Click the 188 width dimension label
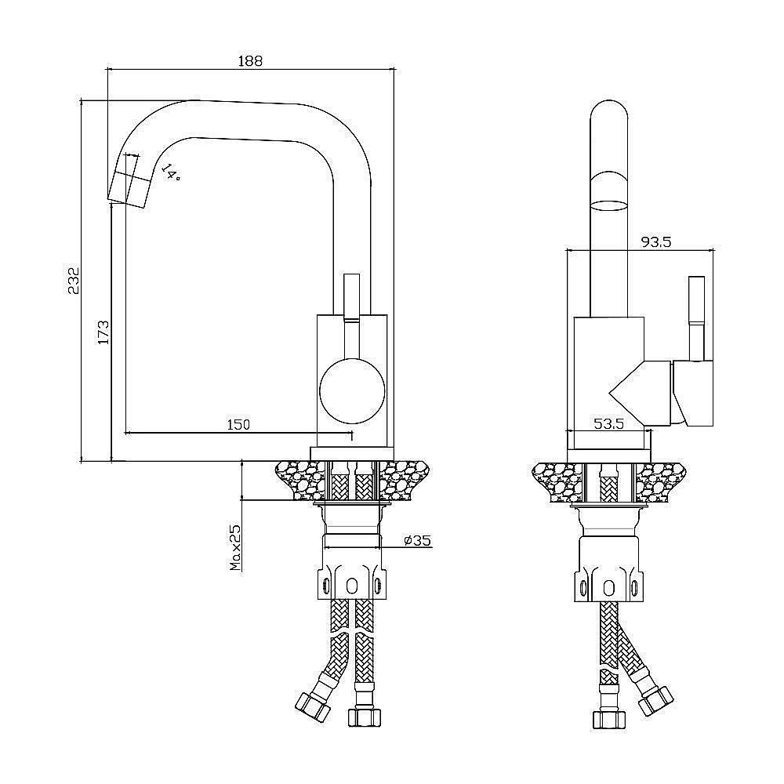click(250, 61)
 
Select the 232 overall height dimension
click(74, 281)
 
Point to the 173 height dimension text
click(103, 332)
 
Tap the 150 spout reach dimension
click(238, 424)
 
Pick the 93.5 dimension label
click(656, 242)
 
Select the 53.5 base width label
click(609, 424)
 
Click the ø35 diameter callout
click(418, 540)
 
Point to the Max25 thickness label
click(235, 547)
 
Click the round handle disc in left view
click(352, 391)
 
